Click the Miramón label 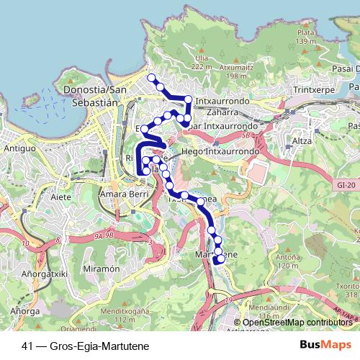tap(101, 268)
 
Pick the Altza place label tap(302, 142)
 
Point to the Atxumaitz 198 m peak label tap(242, 70)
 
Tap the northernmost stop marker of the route tap(151, 78)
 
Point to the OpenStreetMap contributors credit tap(297, 323)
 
